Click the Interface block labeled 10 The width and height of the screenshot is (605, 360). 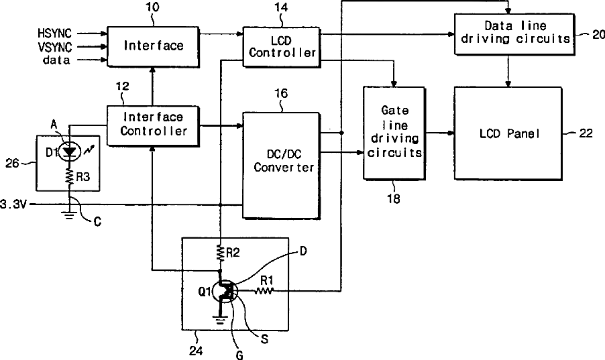click(x=153, y=47)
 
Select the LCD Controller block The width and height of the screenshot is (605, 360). click(x=282, y=47)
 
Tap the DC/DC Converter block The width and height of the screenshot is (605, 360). click(x=281, y=166)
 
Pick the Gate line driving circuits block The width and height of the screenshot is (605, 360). click(x=394, y=133)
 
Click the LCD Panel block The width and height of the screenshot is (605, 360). click(x=508, y=133)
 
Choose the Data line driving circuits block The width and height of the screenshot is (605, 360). click(x=514, y=34)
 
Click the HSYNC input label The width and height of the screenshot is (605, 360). click(x=55, y=34)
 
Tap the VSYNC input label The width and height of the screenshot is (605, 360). click(x=55, y=47)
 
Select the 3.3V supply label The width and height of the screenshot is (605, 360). click(x=13, y=204)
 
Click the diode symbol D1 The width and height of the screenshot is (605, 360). click(x=70, y=152)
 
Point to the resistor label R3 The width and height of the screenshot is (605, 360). click(x=83, y=177)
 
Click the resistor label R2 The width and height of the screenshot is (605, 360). click(x=233, y=253)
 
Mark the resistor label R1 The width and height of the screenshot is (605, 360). click(x=267, y=280)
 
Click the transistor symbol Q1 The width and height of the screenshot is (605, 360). click(x=225, y=292)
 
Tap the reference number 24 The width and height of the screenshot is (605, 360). click(x=196, y=351)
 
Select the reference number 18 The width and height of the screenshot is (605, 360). click(x=394, y=198)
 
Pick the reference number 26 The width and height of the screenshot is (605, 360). click(x=12, y=163)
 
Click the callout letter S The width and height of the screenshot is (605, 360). click(x=264, y=339)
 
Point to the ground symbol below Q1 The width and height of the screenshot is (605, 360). click(x=220, y=320)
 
